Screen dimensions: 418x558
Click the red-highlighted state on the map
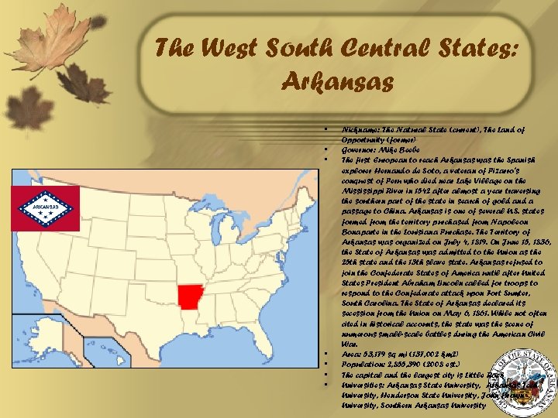tap(191, 296)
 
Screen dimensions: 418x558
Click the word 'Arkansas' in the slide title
tap(339, 80)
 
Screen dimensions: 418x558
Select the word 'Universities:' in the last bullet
tap(369, 384)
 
